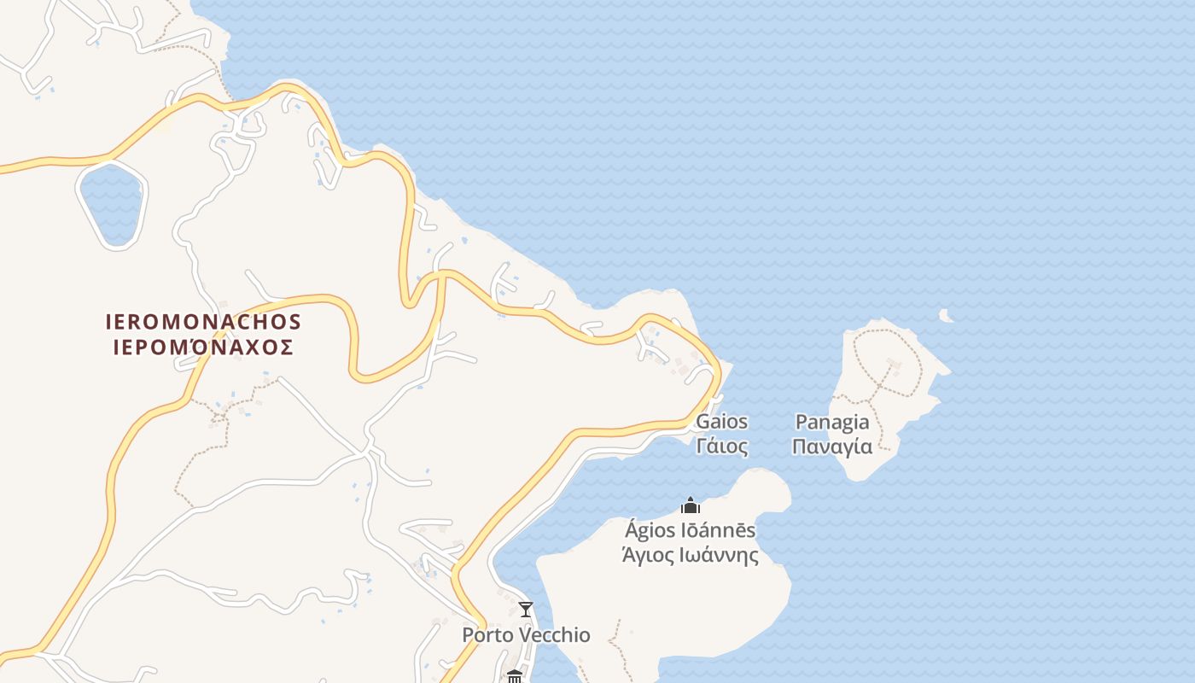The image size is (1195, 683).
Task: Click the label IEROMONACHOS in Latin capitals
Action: point(203,322)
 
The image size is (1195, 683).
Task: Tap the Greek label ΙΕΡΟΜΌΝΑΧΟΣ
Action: point(203,347)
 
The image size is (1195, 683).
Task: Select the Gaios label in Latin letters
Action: point(722,422)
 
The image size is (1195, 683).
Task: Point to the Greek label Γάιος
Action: point(722,446)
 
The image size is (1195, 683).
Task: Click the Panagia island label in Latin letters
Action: point(832,422)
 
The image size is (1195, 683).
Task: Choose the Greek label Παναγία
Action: point(832,446)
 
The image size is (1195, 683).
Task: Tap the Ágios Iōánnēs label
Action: point(690,530)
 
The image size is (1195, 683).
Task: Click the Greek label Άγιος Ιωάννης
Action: point(690,555)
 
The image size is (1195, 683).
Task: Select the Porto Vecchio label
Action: point(526,635)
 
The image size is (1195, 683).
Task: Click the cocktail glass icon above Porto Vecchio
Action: point(526,610)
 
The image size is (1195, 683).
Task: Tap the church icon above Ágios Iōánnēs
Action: point(691,505)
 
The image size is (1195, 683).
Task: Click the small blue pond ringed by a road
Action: point(111,205)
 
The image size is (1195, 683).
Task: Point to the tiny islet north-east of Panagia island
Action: point(945,316)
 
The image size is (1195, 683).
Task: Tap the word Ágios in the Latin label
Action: point(650,530)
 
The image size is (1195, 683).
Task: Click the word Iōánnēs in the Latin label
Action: point(717,530)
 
